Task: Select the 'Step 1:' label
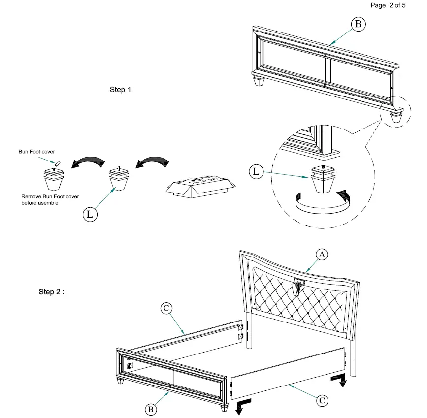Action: point(121,90)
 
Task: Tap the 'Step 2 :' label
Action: point(52,292)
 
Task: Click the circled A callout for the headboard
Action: point(321,254)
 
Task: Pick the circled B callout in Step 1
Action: point(358,24)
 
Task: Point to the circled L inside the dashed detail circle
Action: point(256,172)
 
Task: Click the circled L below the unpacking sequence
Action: point(89,214)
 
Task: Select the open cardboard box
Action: point(199,187)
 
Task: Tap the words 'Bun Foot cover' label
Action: point(37,152)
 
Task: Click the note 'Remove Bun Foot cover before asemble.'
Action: point(50,199)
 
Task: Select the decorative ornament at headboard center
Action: point(299,285)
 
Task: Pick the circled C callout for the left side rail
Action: point(166,308)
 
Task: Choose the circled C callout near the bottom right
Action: point(321,400)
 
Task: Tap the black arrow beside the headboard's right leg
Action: point(339,380)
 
